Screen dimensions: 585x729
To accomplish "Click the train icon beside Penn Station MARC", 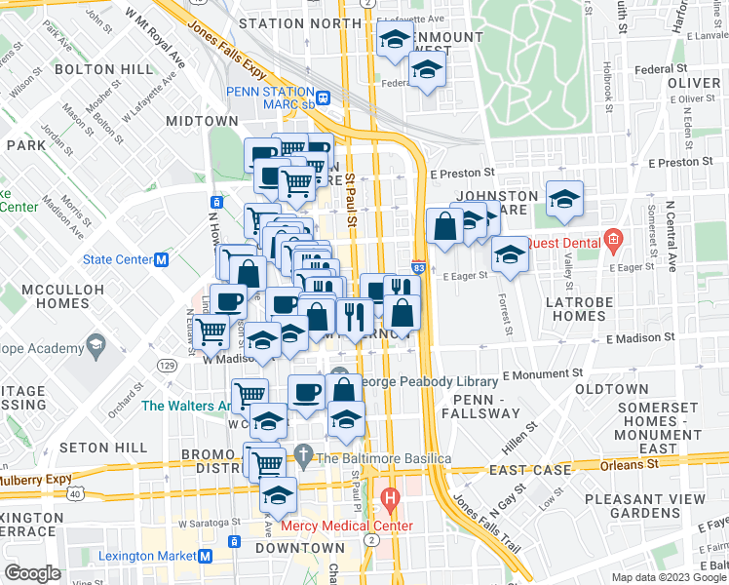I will coord(323,97).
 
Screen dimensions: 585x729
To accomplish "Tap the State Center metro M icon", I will coord(162,259).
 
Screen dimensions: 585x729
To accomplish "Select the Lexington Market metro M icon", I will coord(206,556).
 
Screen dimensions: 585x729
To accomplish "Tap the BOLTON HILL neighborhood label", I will coord(103,69).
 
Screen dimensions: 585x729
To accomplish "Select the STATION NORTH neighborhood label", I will coord(299,22).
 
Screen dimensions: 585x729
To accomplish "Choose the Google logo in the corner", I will coord(32,572).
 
